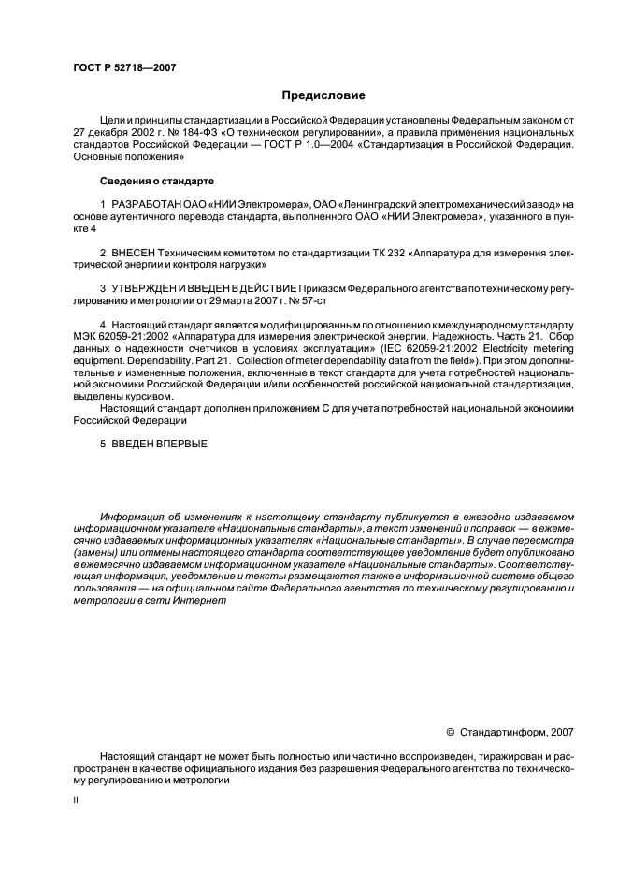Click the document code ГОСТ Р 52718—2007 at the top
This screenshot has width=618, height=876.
point(123,67)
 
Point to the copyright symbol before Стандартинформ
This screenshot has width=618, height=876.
point(451,731)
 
